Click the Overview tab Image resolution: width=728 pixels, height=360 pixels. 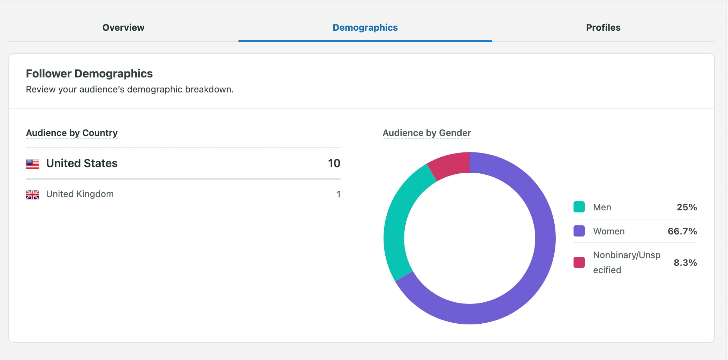click(x=123, y=28)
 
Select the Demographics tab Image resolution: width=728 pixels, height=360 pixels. click(x=365, y=28)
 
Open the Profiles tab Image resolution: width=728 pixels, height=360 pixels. click(x=603, y=28)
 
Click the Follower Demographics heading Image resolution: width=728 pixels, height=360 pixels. click(x=89, y=74)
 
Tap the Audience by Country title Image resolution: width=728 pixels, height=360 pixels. click(x=72, y=133)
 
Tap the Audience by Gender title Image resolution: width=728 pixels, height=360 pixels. click(x=427, y=133)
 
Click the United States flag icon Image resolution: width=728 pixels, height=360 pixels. click(x=32, y=164)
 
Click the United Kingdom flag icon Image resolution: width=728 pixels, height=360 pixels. click(x=32, y=194)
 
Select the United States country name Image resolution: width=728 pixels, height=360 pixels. click(x=82, y=163)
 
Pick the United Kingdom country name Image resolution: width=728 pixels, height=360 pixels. click(x=80, y=194)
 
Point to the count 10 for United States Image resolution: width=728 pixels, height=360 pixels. click(x=334, y=163)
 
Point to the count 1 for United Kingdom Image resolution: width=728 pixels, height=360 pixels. click(x=338, y=194)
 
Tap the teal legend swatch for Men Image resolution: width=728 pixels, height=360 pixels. click(x=579, y=207)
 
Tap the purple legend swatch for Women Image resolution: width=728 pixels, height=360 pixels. click(x=579, y=231)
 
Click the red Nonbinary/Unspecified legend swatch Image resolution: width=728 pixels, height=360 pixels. click(x=579, y=262)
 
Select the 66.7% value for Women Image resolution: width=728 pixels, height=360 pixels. click(x=682, y=231)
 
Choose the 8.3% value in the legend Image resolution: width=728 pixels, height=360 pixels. click(x=685, y=263)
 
